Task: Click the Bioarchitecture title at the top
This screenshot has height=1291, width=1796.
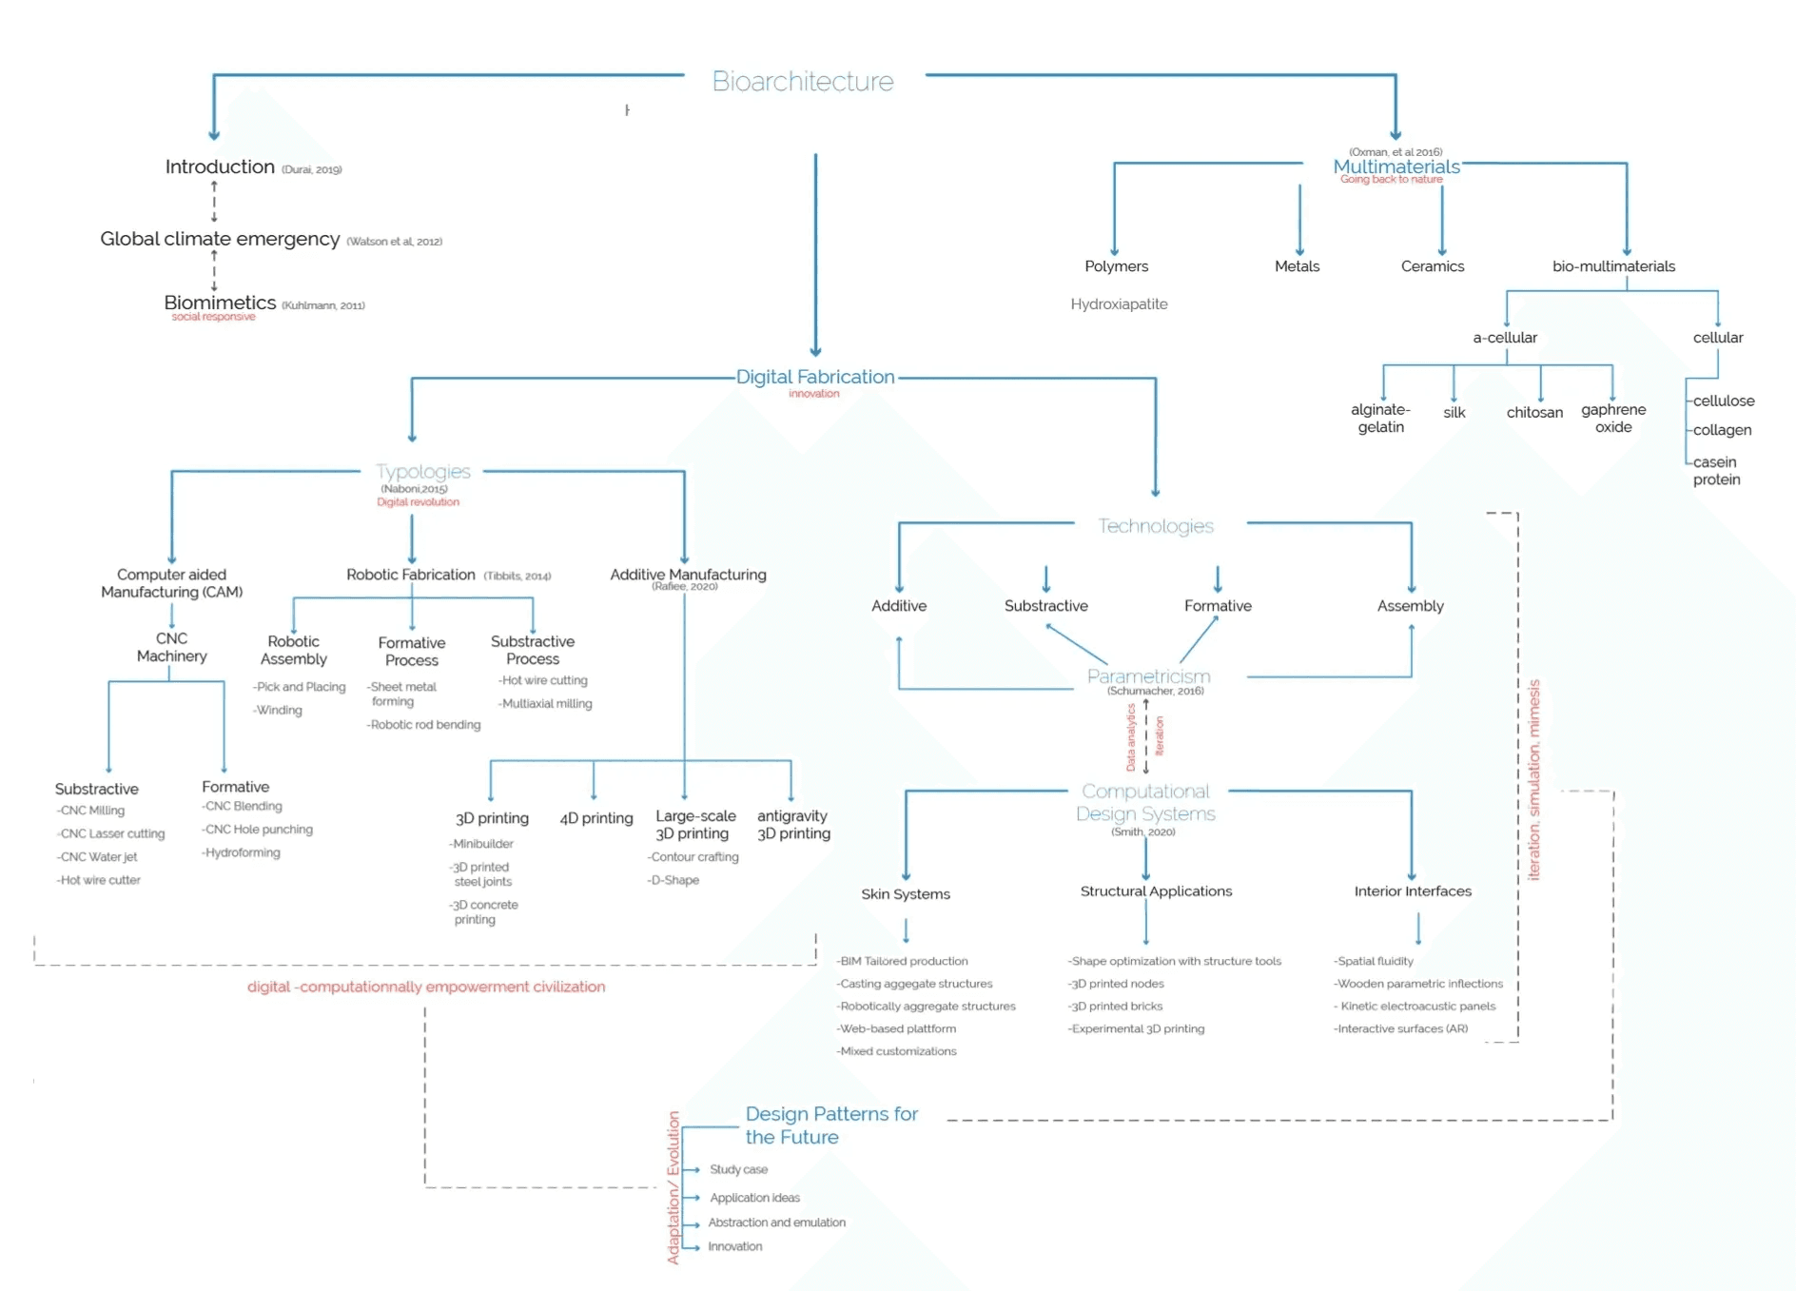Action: (803, 82)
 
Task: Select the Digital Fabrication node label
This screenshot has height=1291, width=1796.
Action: (815, 377)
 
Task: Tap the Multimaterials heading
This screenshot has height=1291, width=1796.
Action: (1396, 166)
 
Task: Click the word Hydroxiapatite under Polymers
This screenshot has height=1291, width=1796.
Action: (1119, 304)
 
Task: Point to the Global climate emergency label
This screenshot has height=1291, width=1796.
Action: (220, 239)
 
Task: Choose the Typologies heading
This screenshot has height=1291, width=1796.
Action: (422, 472)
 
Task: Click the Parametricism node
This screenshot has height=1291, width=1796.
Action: (1148, 676)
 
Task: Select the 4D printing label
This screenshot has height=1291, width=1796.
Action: (596, 818)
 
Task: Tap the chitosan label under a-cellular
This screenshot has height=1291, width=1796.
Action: (1534, 413)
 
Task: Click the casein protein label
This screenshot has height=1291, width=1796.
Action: (1716, 471)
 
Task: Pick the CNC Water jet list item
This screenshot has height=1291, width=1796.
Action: (98, 857)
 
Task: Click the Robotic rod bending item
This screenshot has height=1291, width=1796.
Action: (424, 725)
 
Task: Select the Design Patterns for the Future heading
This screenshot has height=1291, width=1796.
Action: (830, 1125)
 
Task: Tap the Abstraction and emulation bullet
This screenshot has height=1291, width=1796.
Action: (776, 1223)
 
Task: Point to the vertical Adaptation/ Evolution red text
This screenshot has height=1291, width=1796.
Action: (673, 1187)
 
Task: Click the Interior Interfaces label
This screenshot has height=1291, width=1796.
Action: (1413, 891)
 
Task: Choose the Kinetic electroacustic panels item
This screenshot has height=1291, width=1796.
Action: (1415, 1007)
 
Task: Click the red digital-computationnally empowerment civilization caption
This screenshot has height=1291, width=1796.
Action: (426, 987)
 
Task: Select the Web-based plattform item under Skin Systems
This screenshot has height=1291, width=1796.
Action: (897, 1028)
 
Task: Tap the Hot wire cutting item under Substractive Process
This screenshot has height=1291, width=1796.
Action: (544, 681)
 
